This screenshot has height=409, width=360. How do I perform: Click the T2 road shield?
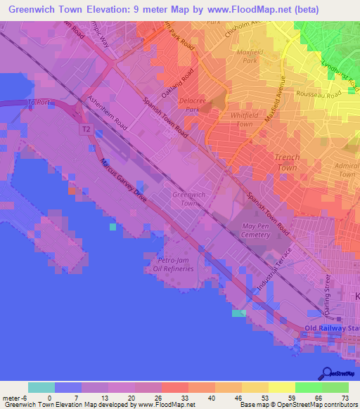[86, 130]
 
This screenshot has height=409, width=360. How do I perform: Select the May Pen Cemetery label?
[256, 231]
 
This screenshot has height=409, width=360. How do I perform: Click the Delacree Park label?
[191, 105]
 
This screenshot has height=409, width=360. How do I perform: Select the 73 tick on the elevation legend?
[344, 398]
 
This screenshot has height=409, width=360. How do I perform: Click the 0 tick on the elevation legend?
[50, 398]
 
